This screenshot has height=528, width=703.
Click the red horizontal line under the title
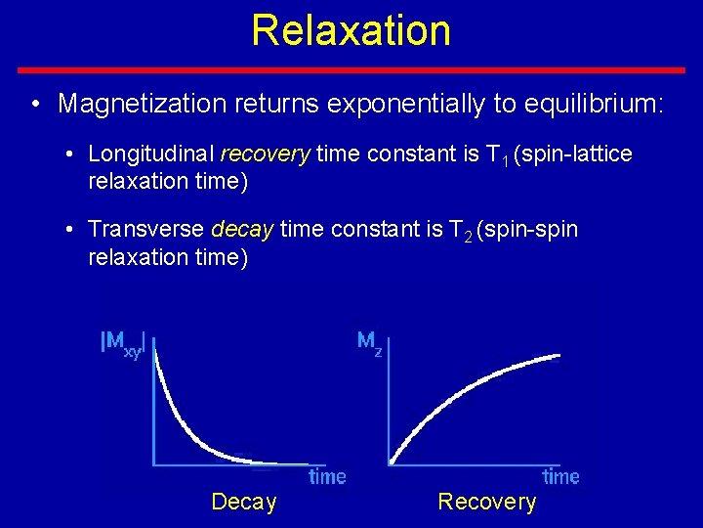[x=351, y=70]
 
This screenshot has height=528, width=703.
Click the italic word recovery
[x=266, y=154]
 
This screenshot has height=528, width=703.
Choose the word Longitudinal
[x=151, y=154]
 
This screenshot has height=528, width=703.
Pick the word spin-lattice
[x=575, y=154]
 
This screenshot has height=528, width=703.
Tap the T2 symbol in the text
[x=459, y=231]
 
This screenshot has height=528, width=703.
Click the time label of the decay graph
[x=327, y=476]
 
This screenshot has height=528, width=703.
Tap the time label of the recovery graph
[x=560, y=476]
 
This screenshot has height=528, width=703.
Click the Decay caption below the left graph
[x=244, y=502]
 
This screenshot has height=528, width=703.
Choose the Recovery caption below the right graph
[x=486, y=502]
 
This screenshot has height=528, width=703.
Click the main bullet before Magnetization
[x=34, y=104]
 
